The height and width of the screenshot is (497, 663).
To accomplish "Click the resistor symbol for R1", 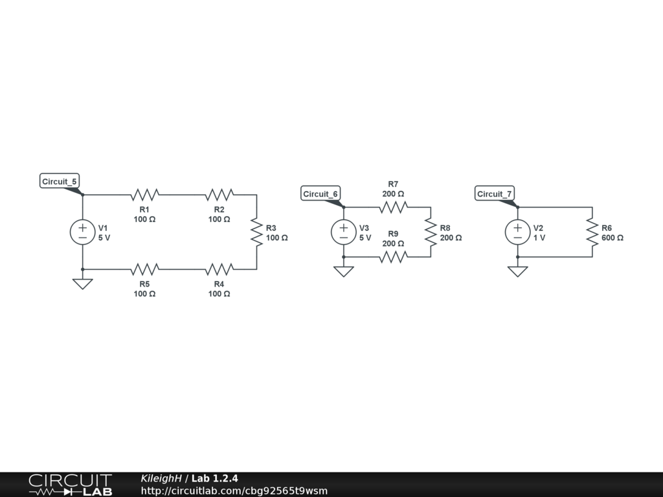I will [x=144, y=194].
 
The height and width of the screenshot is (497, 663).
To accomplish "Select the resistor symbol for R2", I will [x=219, y=194].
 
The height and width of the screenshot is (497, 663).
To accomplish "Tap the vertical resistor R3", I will [x=256, y=232].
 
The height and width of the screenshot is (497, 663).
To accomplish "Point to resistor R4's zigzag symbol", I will [x=219, y=269].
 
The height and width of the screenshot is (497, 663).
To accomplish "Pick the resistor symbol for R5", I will [x=144, y=269].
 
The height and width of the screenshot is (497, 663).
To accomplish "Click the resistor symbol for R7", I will [x=393, y=207].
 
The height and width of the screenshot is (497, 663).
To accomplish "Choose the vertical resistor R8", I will [x=430, y=232].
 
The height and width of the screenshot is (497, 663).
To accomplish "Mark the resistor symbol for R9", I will [x=393, y=257].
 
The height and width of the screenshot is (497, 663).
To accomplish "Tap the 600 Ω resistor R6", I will [x=592, y=232].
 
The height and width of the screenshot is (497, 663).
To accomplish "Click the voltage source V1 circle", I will [x=83, y=232].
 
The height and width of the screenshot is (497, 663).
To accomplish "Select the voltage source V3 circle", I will [x=344, y=232].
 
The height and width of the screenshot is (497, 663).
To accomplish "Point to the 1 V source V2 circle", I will [x=517, y=232].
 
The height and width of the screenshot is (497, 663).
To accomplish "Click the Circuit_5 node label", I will [x=60, y=182].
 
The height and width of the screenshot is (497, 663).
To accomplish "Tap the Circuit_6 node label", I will [x=320, y=194].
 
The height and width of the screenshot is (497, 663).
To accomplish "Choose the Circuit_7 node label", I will [x=495, y=194].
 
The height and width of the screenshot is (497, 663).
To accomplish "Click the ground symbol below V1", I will [x=83, y=283].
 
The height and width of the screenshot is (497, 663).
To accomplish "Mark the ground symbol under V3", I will [x=344, y=271].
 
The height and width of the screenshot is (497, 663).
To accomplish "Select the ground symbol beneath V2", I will [x=517, y=271].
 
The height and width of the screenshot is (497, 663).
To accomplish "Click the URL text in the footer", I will [x=234, y=491].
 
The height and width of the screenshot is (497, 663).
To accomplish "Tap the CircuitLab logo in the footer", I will [x=70, y=484].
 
